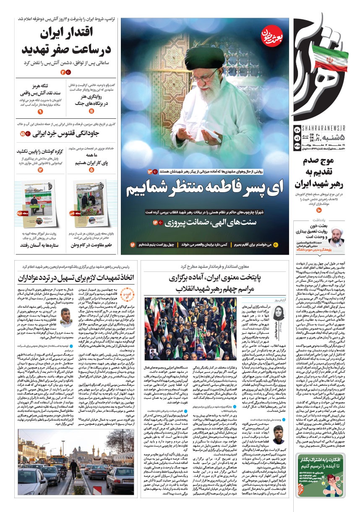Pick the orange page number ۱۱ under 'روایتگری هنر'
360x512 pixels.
point(92,111)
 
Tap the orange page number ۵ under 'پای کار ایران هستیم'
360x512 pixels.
point(91,170)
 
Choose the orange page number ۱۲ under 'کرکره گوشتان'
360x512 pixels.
point(40,170)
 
